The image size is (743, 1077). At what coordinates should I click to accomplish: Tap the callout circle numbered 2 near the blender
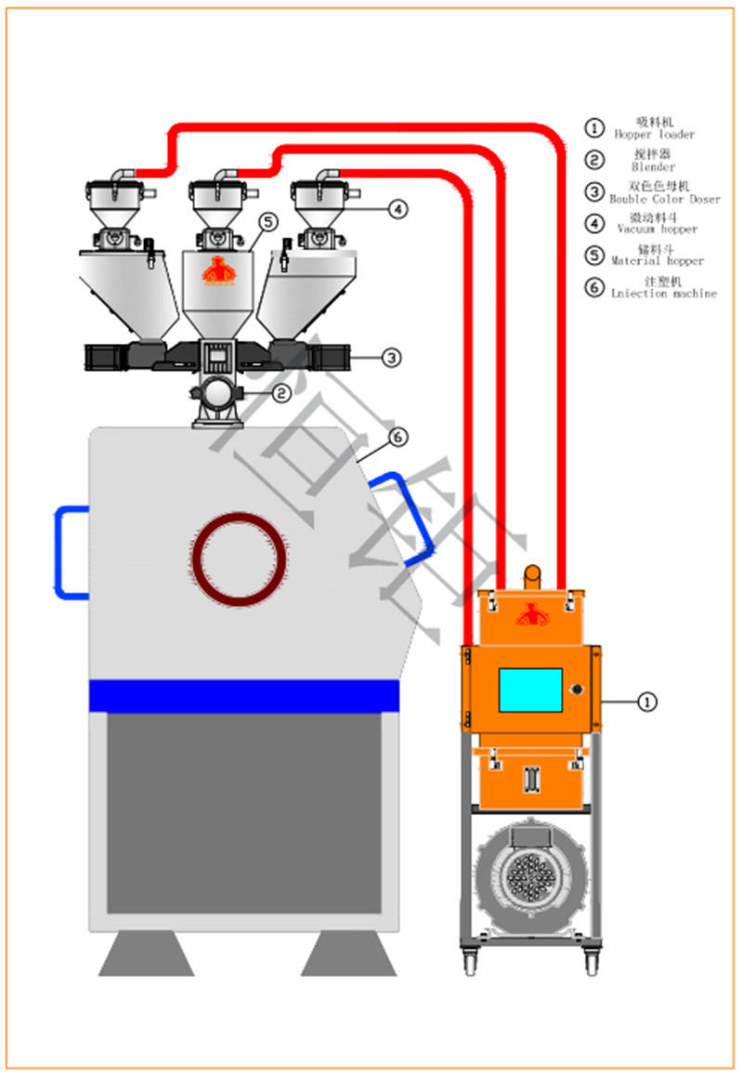pos(282,393)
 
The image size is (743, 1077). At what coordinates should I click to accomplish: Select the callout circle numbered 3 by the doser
pos(392,356)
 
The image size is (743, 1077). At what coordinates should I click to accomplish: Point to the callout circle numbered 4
pos(397,209)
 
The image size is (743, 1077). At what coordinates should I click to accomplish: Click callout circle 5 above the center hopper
pos(267,221)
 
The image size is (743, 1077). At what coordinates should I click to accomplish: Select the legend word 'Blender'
pos(653,167)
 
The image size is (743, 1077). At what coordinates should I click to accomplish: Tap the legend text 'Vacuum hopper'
pos(658,229)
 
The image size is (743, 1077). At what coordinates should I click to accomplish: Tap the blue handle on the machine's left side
pos(69,552)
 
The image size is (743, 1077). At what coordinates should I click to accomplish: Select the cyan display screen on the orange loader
pos(530,690)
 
